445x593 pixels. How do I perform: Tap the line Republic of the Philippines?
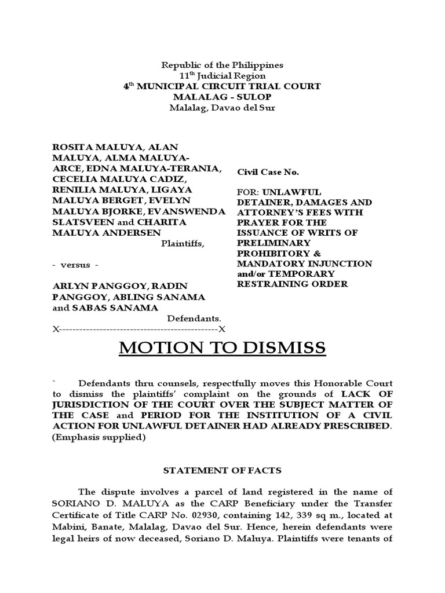point(222,65)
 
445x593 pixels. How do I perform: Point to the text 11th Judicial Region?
point(222,76)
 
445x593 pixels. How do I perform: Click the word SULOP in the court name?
point(255,97)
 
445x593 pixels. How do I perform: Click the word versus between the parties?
point(75,265)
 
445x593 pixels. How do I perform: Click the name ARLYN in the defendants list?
point(69,286)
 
